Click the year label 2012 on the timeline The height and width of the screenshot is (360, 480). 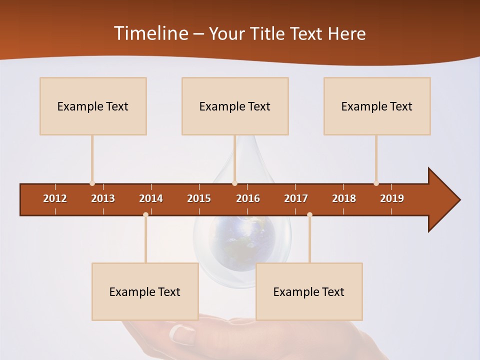55,198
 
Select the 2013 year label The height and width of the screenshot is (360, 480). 103,198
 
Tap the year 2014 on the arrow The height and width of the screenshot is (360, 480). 151,198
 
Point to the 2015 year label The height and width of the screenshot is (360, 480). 199,198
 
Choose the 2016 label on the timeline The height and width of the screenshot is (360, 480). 248,198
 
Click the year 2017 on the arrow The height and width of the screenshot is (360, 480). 296,198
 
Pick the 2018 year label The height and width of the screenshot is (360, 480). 344,198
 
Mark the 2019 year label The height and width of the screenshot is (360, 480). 392,198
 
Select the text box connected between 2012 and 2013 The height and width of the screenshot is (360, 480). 93,106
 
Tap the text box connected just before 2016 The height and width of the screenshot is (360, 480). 235,106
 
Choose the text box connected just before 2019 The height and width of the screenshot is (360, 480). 377,106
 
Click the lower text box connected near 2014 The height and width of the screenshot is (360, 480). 145,291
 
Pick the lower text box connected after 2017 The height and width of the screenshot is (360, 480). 309,291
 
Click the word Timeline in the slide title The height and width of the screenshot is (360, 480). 149,33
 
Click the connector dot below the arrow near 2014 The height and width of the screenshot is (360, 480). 145,215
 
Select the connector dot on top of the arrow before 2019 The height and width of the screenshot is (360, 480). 376,183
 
